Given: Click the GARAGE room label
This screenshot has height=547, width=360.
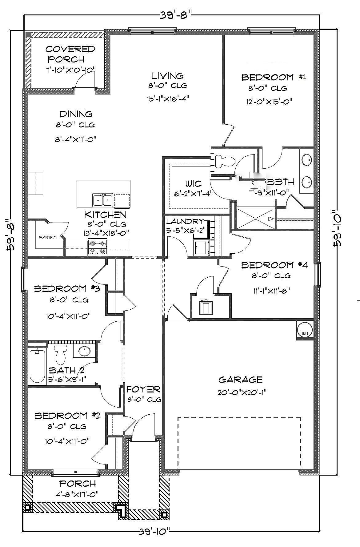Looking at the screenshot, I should [x=240, y=379].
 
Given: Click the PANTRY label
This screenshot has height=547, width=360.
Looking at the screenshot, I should [x=48, y=237].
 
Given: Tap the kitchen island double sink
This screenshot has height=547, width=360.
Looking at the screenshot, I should [x=102, y=200].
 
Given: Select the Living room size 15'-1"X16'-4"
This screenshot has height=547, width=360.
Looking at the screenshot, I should [x=168, y=99].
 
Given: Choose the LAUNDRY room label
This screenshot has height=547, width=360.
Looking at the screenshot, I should [x=185, y=221].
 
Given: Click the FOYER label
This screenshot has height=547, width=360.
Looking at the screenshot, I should [x=143, y=389].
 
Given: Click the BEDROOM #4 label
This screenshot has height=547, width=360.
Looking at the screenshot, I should [x=274, y=265].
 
